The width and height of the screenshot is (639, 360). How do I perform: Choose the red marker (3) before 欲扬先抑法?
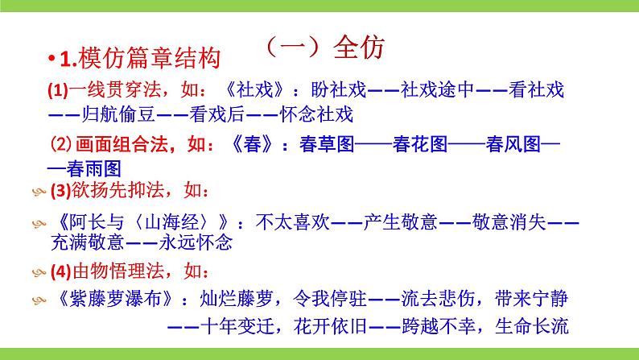(60, 192)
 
